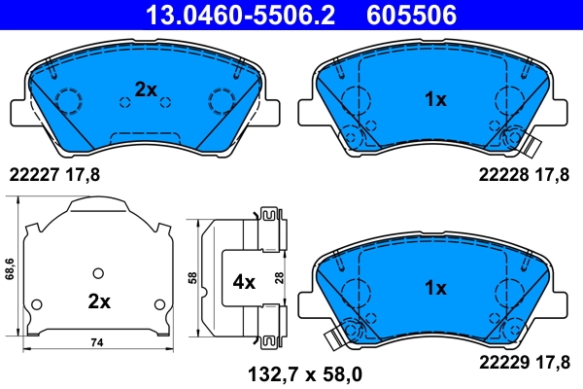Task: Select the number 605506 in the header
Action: pos(409,14)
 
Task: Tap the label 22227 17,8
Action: pos(54,176)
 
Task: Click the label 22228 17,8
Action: pos(520,176)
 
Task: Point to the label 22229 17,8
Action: pos(520,362)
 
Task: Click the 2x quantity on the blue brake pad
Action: pos(146,89)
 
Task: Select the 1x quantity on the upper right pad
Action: pos(434,99)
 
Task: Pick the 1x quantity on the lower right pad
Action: pos(434,288)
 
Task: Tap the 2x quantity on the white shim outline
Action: pos(98,301)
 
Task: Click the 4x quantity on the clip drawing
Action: pos(243,282)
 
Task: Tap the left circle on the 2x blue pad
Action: pos(68,100)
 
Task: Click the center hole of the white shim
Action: pos(96,271)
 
